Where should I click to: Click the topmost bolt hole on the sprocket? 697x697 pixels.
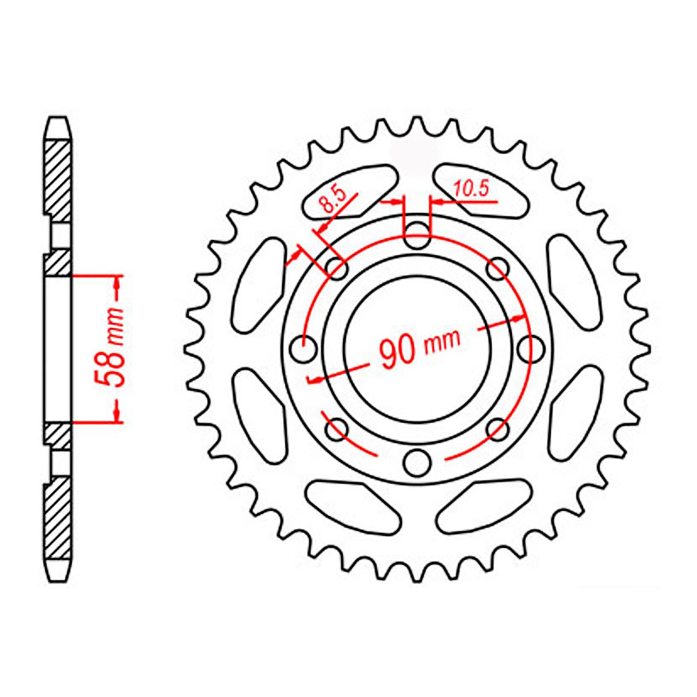click(417, 236)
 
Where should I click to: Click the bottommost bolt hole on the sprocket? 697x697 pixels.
click(417, 463)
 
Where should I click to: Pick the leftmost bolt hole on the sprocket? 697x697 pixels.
click(304, 349)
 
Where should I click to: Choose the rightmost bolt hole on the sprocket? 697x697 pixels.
click(532, 348)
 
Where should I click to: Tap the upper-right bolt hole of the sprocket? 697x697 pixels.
click(498, 269)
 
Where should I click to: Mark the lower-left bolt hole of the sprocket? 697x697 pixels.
click(336, 430)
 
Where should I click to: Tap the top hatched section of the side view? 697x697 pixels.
click(58, 181)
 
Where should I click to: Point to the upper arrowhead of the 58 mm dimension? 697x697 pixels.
click(117, 283)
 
